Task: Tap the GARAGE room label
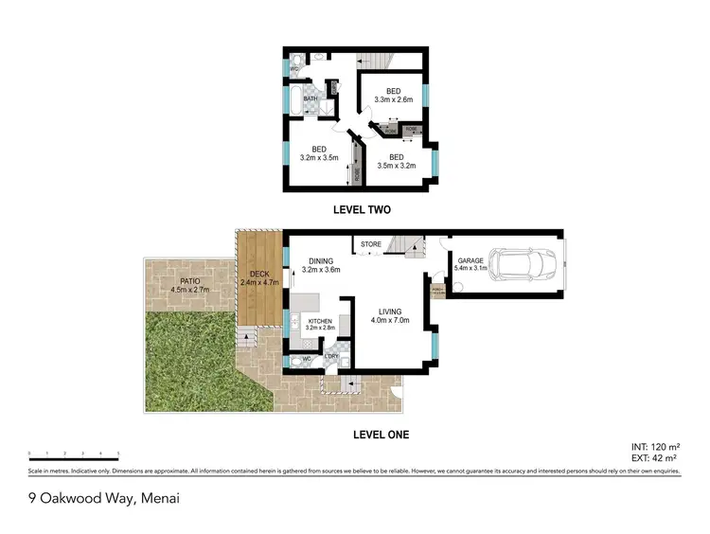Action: coord(471,259)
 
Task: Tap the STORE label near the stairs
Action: coord(371,245)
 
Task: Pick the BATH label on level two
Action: coord(311,98)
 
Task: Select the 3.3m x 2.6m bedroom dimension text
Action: coord(394,99)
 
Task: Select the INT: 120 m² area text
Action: coord(655,444)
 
